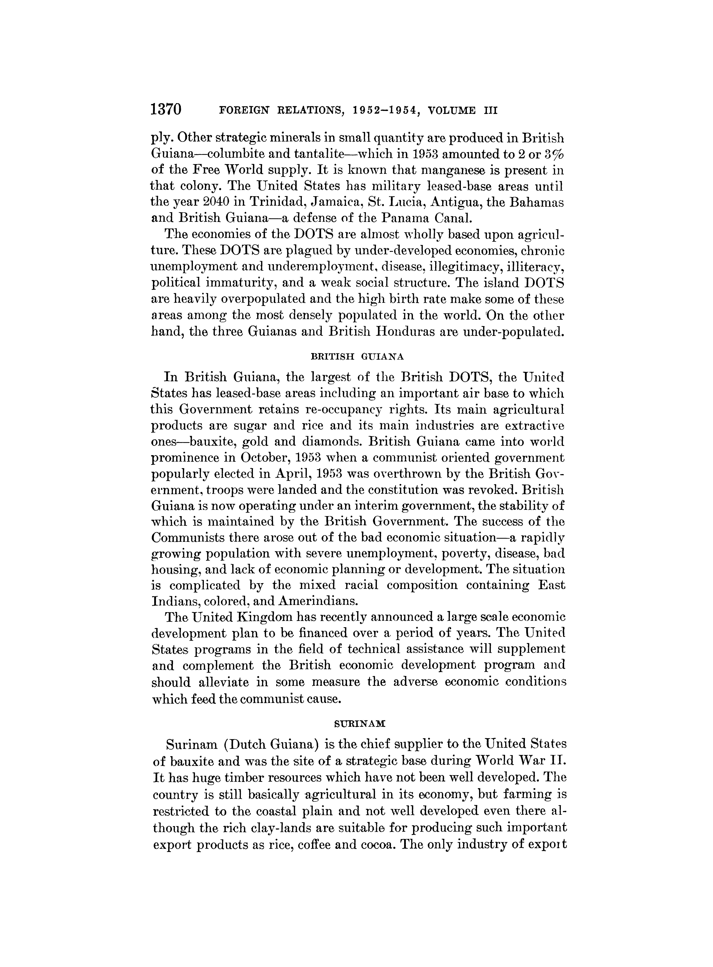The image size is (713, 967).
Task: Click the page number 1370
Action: [167, 110]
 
